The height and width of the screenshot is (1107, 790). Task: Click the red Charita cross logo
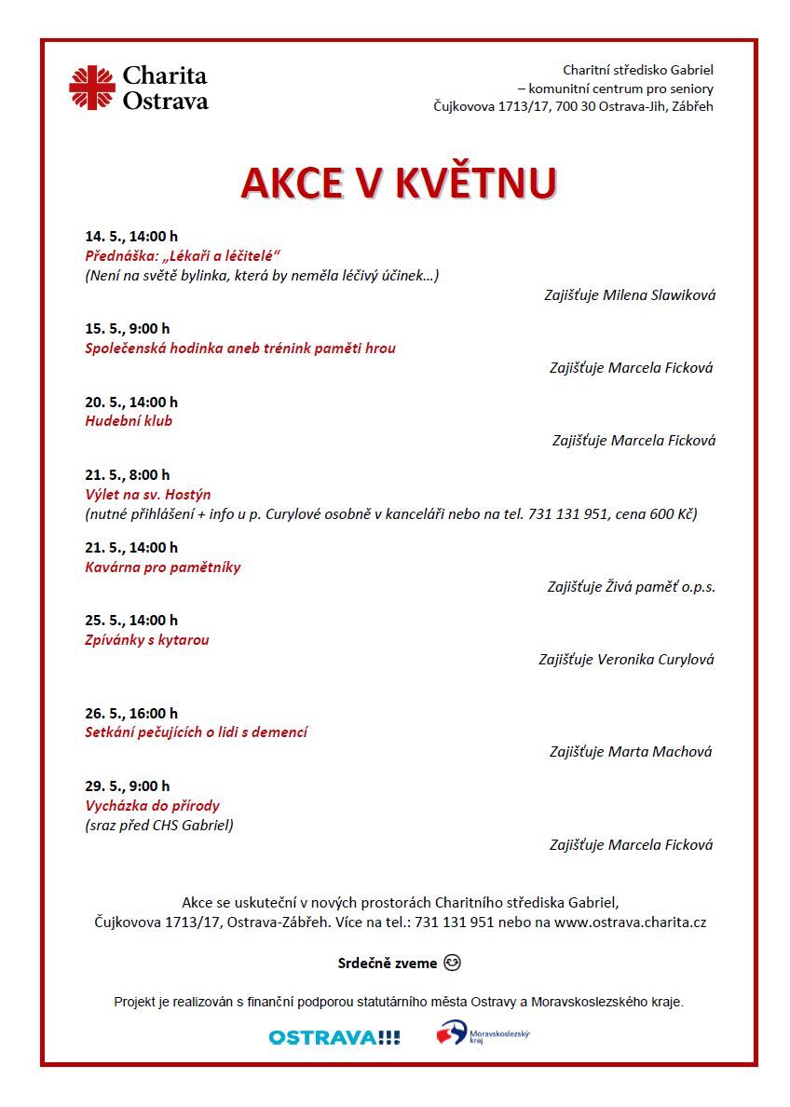(91, 88)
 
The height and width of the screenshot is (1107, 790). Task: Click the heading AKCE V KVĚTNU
(399, 184)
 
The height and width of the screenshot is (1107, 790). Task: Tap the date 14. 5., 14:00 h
(130, 237)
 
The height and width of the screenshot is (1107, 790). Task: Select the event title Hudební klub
(129, 420)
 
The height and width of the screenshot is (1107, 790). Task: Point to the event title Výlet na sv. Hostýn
(147, 494)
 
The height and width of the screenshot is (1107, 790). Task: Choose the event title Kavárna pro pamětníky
(162, 567)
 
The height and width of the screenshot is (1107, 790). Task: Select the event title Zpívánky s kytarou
(146, 639)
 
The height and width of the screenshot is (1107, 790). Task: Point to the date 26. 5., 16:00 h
(130, 713)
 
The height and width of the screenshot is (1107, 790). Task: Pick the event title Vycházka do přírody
(152, 805)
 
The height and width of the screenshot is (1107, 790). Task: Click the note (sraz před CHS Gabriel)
(158, 825)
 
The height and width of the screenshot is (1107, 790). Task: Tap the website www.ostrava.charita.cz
(630, 922)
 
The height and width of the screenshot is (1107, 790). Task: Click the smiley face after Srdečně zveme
(453, 962)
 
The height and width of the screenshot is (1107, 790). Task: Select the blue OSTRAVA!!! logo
(334, 1037)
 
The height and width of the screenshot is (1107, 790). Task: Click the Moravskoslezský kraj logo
(482, 1033)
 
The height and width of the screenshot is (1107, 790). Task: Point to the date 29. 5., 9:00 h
(127, 786)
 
